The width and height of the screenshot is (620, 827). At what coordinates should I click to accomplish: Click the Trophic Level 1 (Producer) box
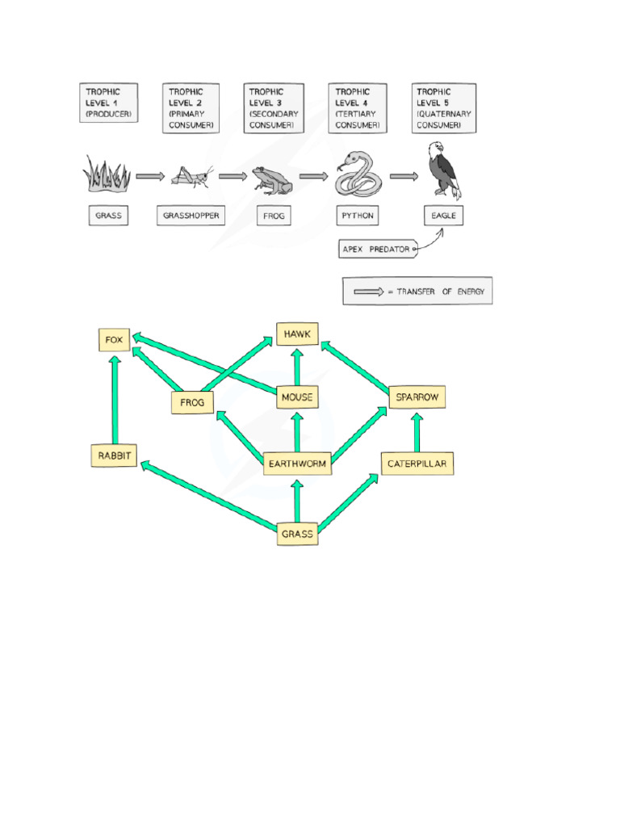[x=109, y=103]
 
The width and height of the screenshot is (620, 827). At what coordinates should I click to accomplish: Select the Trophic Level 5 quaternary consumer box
[x=442, y=108]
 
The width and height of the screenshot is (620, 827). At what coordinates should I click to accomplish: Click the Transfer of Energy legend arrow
[x=368, y=292]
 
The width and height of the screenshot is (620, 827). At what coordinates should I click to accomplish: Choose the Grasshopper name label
[x=191, y=216]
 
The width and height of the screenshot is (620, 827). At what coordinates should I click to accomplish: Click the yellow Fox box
[x=113, y=340]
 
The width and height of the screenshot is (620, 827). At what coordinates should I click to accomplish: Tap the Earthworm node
[x=297, y=464]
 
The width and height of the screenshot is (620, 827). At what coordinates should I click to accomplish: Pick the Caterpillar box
[x=417, y=464]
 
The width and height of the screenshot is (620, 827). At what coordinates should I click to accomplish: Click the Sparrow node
[x=417, y=397]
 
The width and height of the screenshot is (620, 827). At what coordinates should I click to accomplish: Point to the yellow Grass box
[x=297, y=534]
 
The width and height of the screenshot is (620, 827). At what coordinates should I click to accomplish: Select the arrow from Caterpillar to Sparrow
[x=417, y=431]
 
